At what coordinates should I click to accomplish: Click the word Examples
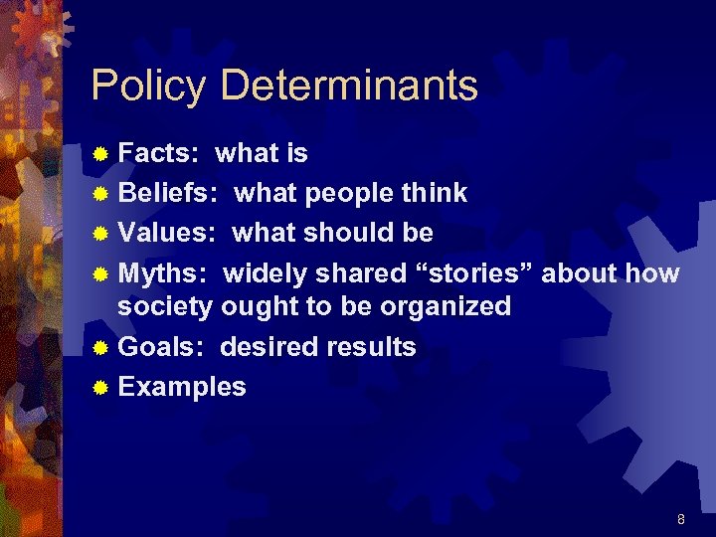(x=182, y=387)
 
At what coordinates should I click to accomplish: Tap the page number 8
(x=680, y=519)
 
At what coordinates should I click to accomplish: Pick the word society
(x=165, y=306)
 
